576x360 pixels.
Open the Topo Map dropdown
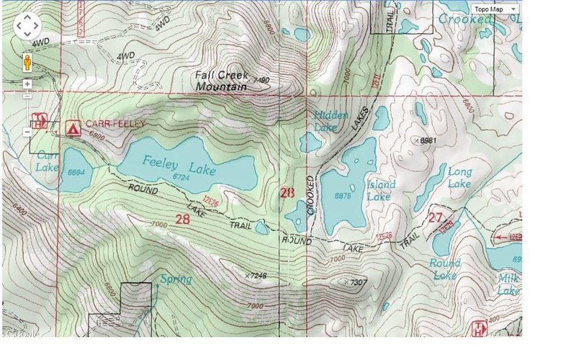(495, 8)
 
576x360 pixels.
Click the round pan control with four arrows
(27, 27)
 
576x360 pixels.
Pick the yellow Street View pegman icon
(27, 62)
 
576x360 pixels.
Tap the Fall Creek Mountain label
(222, 80)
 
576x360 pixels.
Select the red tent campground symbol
(73, 128)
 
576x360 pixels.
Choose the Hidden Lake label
(331, 121)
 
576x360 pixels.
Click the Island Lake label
(380, 190)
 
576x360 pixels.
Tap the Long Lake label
(459, 178)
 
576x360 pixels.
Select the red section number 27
(433, 217)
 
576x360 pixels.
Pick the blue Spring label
(176, 279)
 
